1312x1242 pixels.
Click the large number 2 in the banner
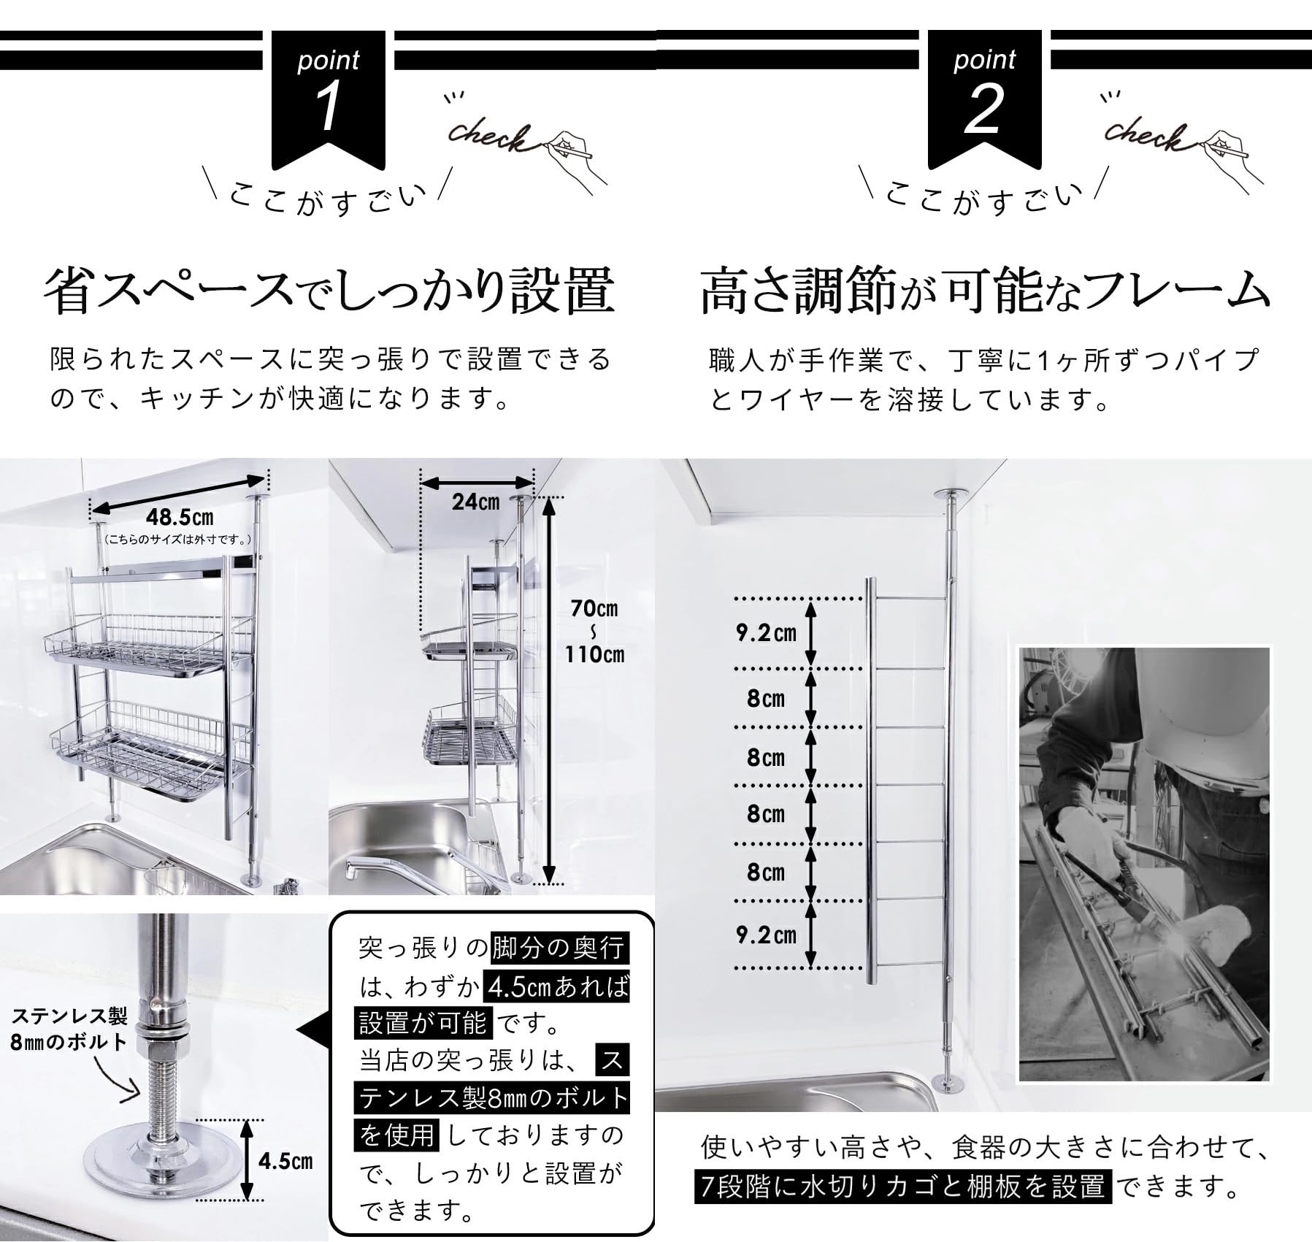coord(983,109)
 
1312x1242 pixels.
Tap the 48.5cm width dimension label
coord(180,517)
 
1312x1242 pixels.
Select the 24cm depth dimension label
coord(475,502)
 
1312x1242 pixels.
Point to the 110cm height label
coord(594,654)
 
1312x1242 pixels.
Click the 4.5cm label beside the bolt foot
coord(285,1162)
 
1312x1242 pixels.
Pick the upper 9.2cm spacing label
coord(765,632)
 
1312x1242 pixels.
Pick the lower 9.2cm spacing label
coord(765,935)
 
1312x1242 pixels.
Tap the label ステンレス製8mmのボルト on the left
coord(69,1029)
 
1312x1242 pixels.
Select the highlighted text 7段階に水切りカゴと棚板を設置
coord(903,1187)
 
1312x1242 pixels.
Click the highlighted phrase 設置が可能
coord(423,1023)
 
